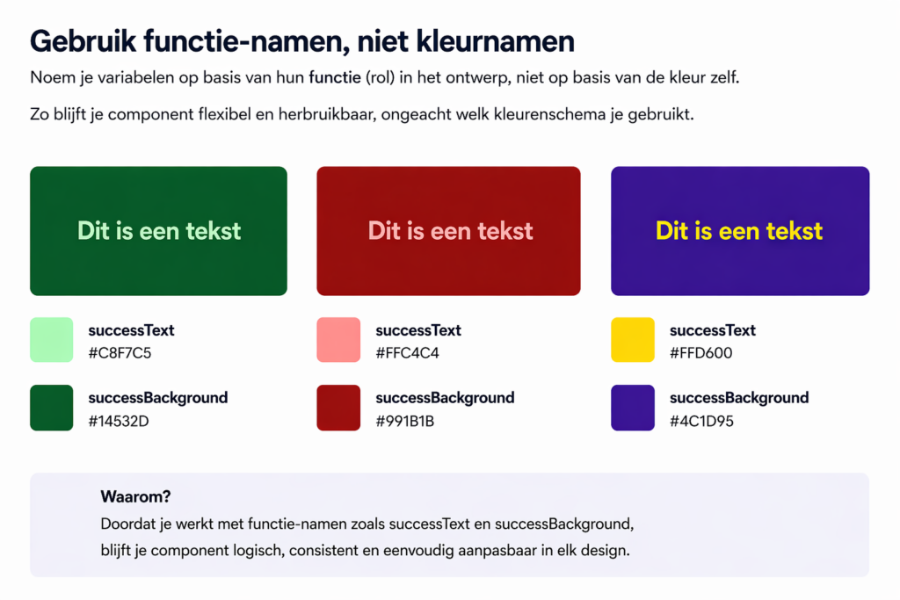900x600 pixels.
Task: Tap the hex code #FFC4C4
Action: (x=407, y=354)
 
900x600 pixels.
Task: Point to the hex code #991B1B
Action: (x=404, y=422)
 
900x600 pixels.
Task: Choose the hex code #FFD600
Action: (x=700, y=354)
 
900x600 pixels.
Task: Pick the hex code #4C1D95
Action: (x=701, y=422)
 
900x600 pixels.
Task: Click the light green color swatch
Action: (x=51, y=340)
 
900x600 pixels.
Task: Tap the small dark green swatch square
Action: (x=51, y=408)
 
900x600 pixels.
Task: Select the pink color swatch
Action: (x=338, y=340)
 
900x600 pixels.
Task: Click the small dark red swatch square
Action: (x=338, y=408)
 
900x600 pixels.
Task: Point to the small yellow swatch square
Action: (x=633, y=340)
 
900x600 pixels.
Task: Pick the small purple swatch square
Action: (x=633, y=408)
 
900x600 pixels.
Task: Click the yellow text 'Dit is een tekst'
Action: (x=739, y=231)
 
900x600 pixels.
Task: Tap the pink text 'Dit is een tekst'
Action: (x=450, y=231)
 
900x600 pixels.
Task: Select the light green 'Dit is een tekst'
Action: (x=159, y=231)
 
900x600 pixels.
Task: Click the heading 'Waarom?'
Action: (x=135, y=497)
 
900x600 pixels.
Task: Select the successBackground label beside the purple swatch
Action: (x=739, y=398)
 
